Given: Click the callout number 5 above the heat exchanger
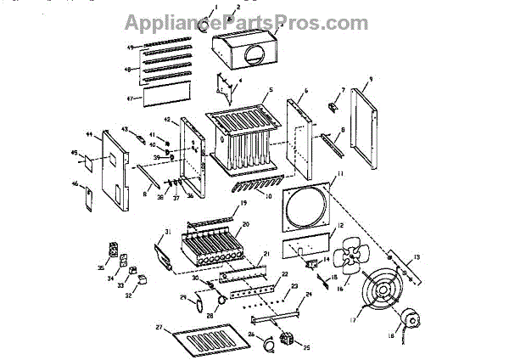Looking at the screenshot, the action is [269, 90].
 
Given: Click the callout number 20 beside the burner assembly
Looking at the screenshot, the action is [245, 223].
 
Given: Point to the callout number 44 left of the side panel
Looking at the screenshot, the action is [88, 134].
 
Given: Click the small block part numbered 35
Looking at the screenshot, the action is [115, 248].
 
